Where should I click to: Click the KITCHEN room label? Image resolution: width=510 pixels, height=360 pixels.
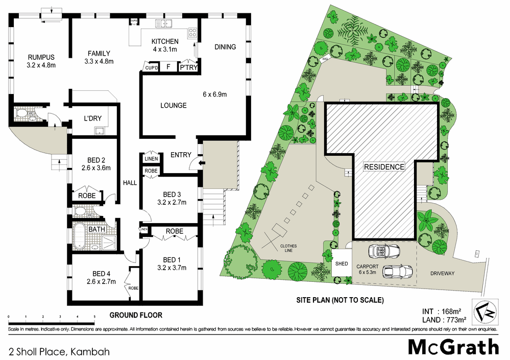coord(164,41)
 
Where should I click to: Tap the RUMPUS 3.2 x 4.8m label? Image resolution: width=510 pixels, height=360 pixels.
coord(41,61)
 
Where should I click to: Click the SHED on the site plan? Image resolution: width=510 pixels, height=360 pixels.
coord(341,264)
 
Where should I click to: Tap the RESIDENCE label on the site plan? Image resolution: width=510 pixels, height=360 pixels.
coord(384,167)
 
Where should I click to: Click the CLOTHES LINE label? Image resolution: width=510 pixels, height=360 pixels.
coord(287,249)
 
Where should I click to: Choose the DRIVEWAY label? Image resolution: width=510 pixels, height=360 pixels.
coord(442,273)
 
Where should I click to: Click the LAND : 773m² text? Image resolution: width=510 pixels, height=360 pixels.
coord(443,320)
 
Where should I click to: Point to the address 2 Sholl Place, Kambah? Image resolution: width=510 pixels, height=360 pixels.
coord(59,351)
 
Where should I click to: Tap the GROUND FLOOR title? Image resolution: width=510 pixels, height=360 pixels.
coord(136,315)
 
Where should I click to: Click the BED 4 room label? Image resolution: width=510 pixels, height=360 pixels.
coord(99,277)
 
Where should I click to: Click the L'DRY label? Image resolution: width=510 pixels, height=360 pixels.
coord(92,118)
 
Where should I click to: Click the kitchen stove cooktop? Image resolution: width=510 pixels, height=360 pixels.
coord(193,33)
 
